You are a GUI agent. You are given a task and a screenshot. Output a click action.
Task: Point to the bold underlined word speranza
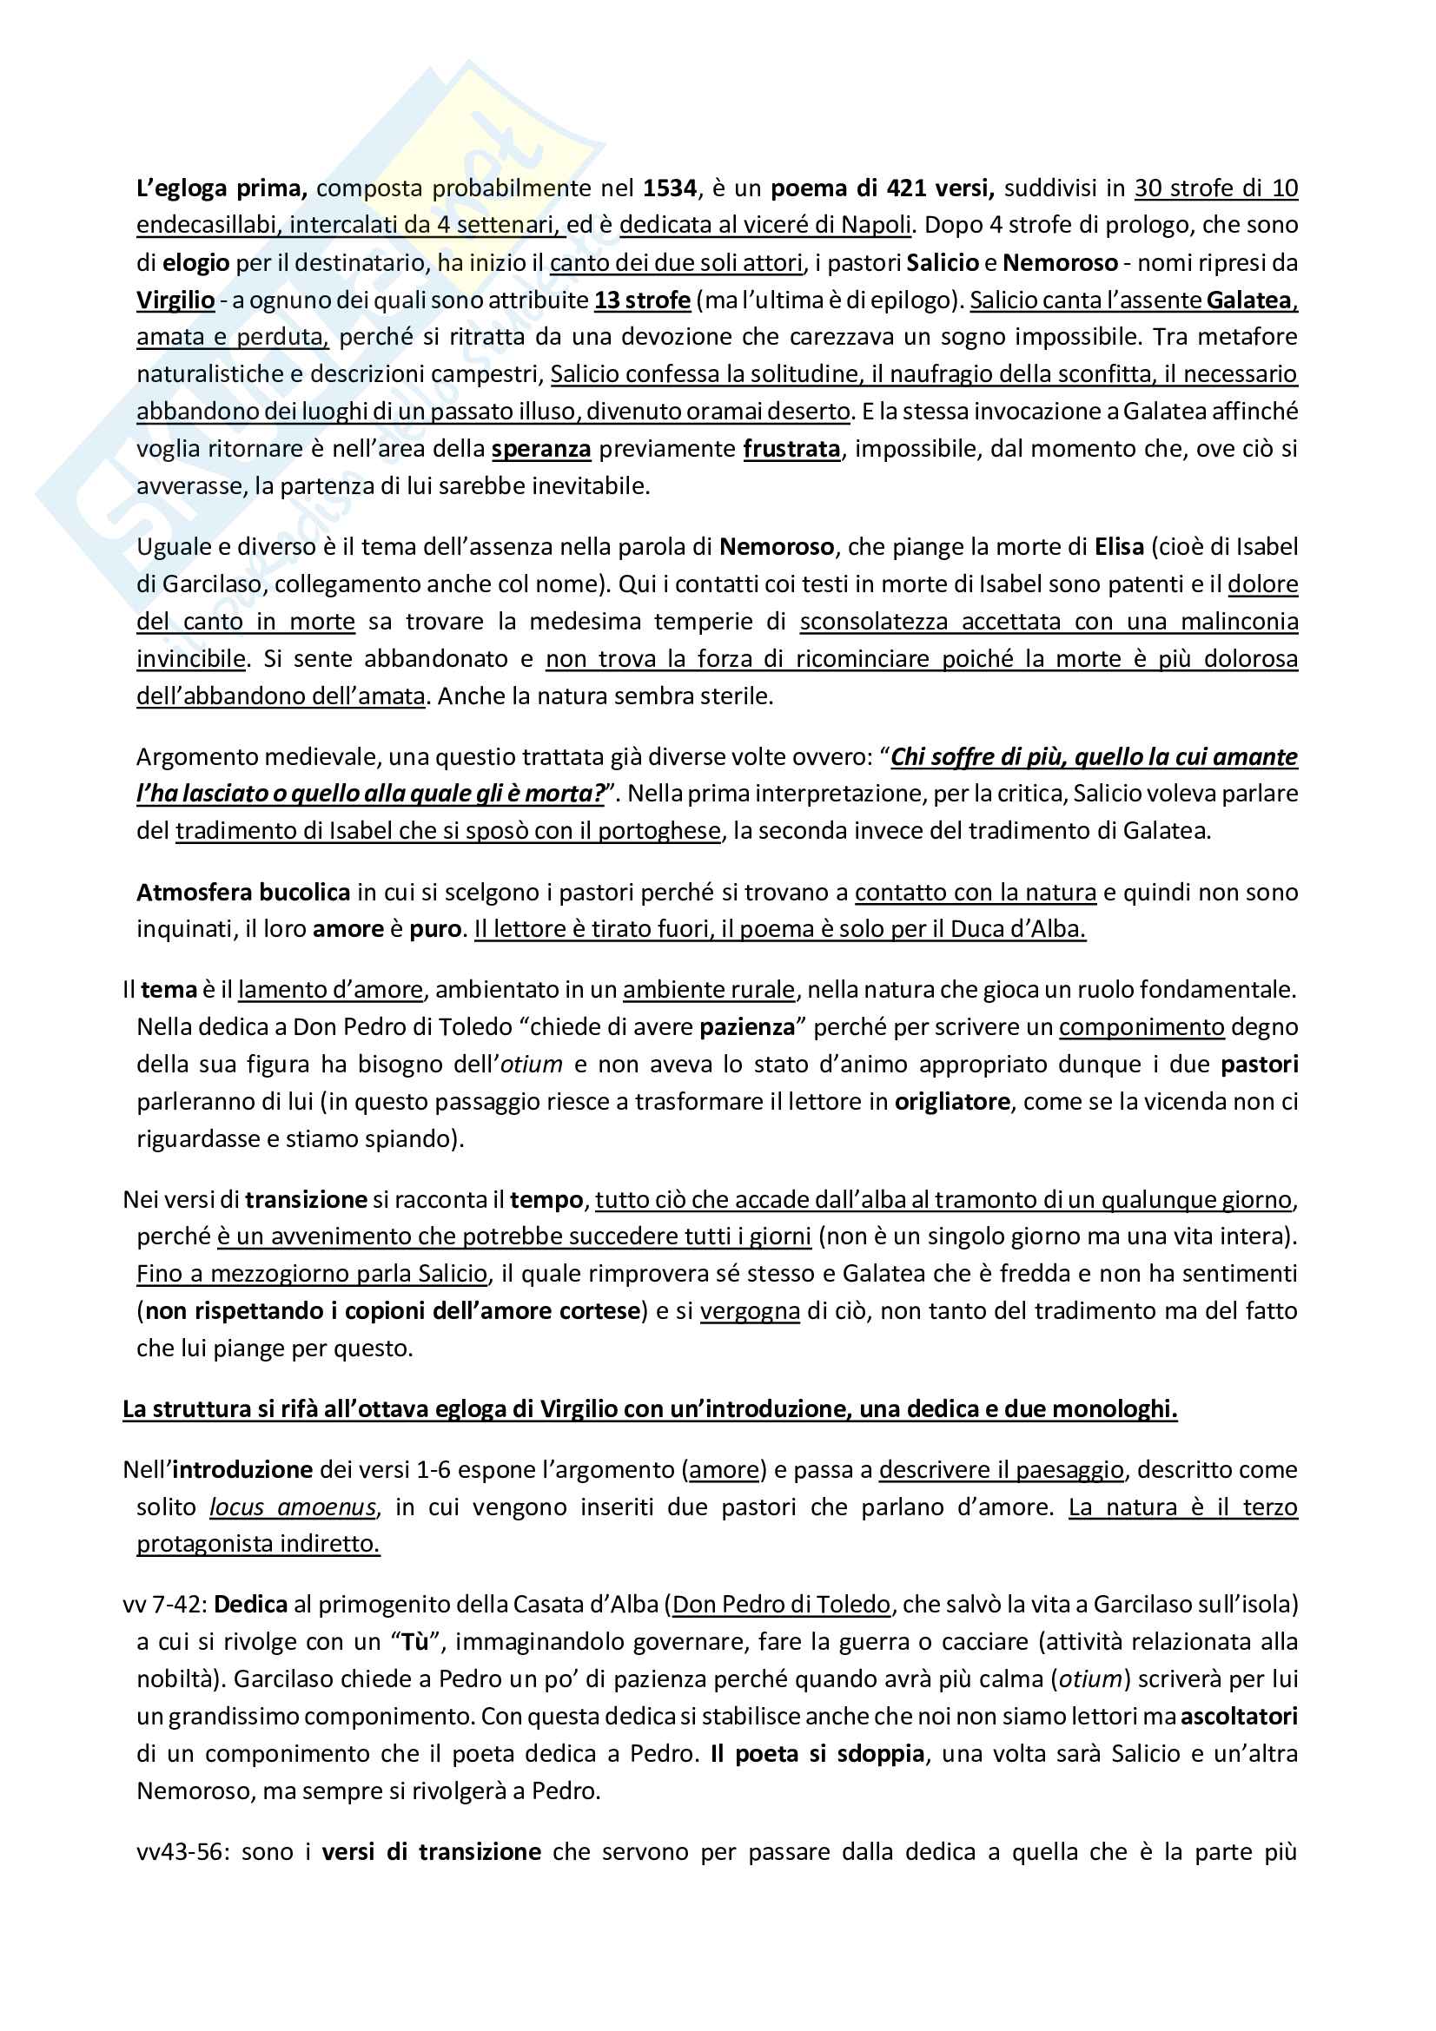pos(540,450)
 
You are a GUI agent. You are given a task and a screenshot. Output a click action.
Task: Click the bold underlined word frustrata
pos(791,450)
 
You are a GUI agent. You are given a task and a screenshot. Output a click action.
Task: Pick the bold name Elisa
pos(1119,547)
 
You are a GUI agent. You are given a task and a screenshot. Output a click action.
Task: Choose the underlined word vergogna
pos(750,1311)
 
